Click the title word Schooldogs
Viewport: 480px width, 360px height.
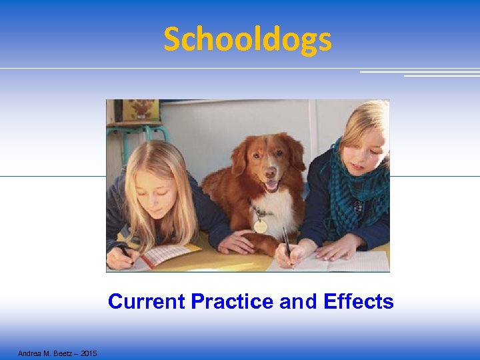pyautogui.click(x=247, y=39)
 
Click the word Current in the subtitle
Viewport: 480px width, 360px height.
pyautogui.click(x=147, y=302)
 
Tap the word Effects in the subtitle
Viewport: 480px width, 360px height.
pyautogui.click(x=358, y=302)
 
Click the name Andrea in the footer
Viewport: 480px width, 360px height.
pyautogui.click(x=29, y=353)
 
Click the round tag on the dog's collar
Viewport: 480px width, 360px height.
pyautogui.click(x=261, y=226)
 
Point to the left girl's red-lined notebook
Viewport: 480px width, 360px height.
pyautogui.click(x=163, y=255)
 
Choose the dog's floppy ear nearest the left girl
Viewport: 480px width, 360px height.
pyautogui.click(x=239, y=157)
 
